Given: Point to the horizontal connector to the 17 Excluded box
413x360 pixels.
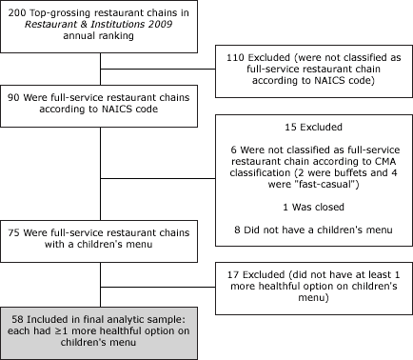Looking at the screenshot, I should click(x=158, y=286).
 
